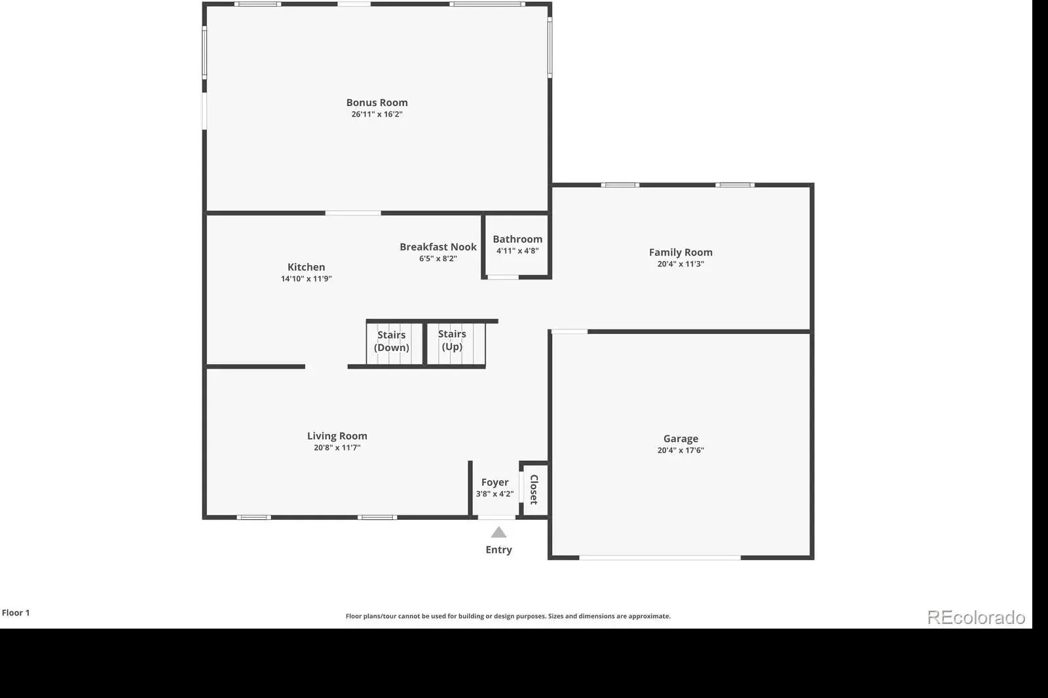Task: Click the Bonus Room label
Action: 377,102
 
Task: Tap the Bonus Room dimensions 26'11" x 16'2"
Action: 377,114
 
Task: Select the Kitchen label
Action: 306,267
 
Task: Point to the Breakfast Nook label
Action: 438,247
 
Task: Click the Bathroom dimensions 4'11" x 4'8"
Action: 517,251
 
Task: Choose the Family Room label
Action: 681,253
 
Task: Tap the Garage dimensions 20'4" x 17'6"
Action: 681,450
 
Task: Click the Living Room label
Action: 337,436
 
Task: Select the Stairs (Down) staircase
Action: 394,344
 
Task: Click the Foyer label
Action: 495,483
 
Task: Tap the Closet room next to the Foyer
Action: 534,489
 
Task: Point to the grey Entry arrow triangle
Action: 498,532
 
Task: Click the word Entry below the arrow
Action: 498,550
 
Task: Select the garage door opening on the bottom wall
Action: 660,558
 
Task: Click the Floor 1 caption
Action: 16,613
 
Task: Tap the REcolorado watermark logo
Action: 976,617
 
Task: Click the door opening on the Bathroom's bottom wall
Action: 503,278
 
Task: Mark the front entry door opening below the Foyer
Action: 496,517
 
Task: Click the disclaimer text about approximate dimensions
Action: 508,616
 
